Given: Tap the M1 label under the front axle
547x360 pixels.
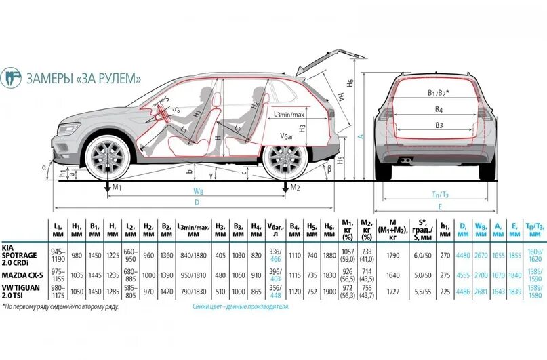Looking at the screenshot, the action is point(117,187).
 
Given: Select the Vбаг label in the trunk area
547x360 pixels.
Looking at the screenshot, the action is point(287,136).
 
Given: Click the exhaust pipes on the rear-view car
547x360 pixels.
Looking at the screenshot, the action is point(405,161).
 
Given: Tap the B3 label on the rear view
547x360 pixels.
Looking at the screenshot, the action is point(439,125).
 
